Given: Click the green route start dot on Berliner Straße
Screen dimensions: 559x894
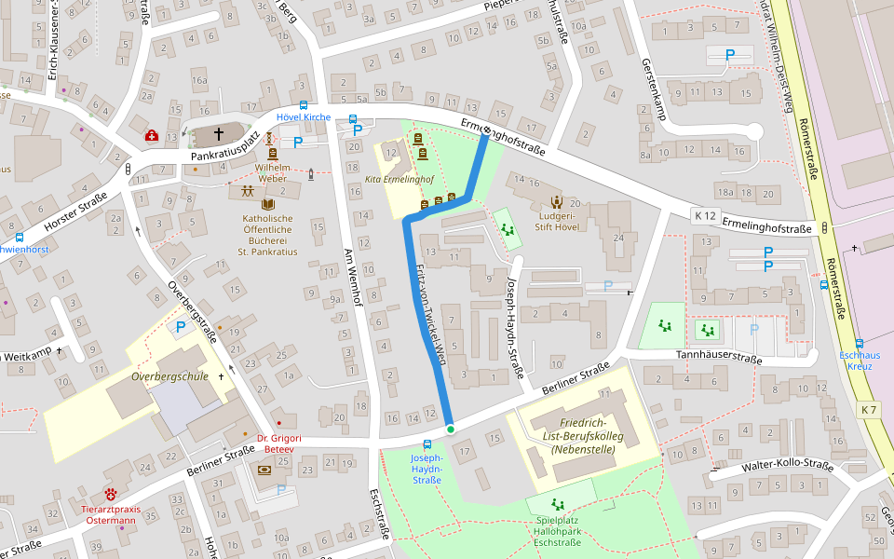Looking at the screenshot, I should point(451,429).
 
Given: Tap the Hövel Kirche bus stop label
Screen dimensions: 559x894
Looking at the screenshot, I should point(304,117).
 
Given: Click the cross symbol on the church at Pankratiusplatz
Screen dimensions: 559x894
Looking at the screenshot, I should point(219,134).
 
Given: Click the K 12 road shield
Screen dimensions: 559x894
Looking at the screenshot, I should point(705,215).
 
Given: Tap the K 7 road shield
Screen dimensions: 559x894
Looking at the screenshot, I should point(869,410).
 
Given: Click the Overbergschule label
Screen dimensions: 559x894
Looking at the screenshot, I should point(169,376).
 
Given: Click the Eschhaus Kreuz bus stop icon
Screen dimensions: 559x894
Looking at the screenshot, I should point(859,343).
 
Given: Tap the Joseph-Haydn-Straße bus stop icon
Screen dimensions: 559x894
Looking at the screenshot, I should point(427,444).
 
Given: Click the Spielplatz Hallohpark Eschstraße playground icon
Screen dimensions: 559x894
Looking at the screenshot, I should point(558,504).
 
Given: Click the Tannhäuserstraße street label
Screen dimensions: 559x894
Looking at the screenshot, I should point(719,357).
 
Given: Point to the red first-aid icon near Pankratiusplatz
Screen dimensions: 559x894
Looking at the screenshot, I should point(151,136).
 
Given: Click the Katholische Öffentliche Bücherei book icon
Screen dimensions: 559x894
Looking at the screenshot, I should point(268,204).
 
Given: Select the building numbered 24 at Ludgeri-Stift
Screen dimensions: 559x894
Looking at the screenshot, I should point(617,238).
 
